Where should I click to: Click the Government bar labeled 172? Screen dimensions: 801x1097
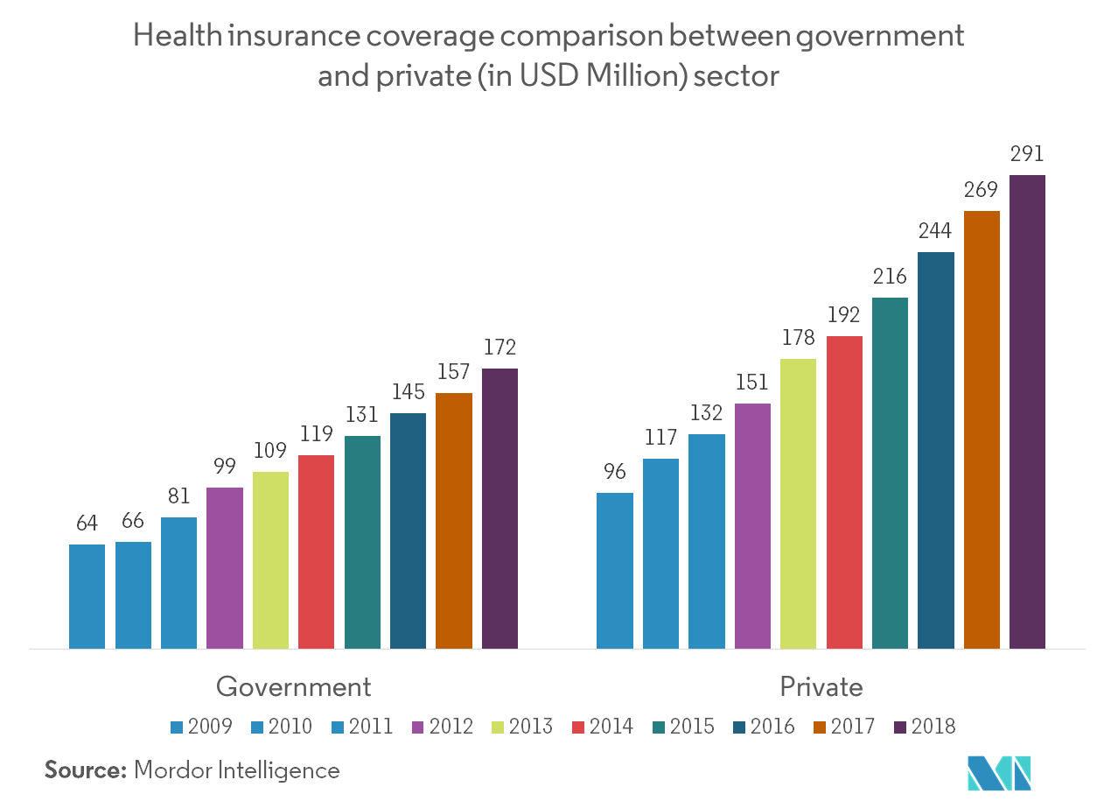click(500, 508)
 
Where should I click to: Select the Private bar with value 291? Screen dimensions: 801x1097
click(1027, 411)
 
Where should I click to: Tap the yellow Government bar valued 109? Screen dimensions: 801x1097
click(270, 560)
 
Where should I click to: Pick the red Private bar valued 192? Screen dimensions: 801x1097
click(844, 492)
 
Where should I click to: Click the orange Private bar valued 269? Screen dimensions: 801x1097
click(982, 429)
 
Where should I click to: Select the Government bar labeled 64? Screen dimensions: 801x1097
click(87, 596)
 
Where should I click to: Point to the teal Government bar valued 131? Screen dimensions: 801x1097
click(362, 542)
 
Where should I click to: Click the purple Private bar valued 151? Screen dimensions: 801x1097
click(752, 526)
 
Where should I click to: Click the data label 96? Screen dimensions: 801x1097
click(614, 472)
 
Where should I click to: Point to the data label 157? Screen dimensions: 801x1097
click(453, 372)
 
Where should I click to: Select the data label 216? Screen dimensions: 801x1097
click(890, 277)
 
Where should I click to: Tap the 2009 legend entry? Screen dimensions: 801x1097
click(201, 727)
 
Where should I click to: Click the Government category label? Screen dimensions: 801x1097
click(293, 686)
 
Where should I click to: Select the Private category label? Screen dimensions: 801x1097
click(821, 686)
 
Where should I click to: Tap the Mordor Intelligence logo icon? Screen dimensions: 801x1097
click(999, 771)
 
